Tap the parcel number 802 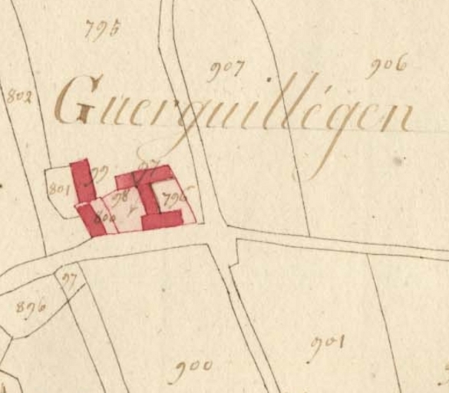pyautogui.click(x=18, y=97)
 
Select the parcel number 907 pyautogui.click(x=226, y=71)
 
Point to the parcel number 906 pyautogui.click(x=385, y=68)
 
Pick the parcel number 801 pyautogui.click(x=58, y=187)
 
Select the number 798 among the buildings pyautogui.click(x=121, y=197)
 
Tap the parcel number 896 pyautogui.click(x=31, y=306)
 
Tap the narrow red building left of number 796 pyautogui.click(x=154, y=197)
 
